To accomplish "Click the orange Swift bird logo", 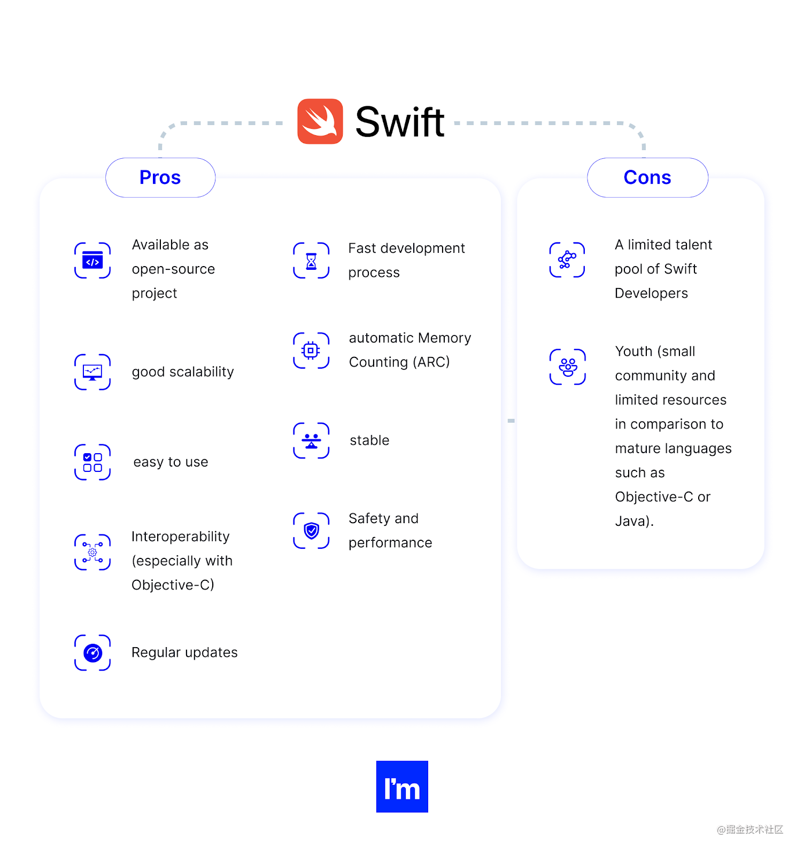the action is point(320,121).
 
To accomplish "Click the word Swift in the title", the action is point(399,122).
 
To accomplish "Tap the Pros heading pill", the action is point(160,177).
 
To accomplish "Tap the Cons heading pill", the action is point(647,177).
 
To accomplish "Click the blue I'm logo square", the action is point(402,787).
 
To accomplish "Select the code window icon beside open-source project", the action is point(92,261).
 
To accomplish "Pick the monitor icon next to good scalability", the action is point(92,372).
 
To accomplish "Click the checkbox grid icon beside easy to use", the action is point(92,462).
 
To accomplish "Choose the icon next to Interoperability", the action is point(92,552).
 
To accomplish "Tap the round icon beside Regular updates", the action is point(92,652).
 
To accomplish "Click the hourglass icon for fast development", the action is point(311,261).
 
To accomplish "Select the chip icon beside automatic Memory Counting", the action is point(311,351).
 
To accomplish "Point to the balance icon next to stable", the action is point(311,441).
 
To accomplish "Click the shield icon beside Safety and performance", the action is point(311,531).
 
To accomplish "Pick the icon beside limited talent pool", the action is point(567,260).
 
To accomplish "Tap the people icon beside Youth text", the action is point(568,367).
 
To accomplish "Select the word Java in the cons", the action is point(631,521).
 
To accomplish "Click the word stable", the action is point(369,440).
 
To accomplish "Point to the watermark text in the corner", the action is point(750,829).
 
